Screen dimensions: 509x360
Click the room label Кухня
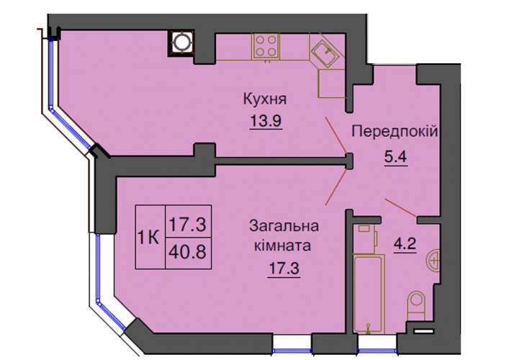(265, 99)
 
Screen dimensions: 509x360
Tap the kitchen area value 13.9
(266, 121)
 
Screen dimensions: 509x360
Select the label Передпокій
(395, 132)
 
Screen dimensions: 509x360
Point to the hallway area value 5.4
(395, 158)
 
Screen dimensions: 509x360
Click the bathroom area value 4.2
(405, 243)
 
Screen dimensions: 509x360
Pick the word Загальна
(284, 226)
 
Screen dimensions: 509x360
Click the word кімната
(282, 246)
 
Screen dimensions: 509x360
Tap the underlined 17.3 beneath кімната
(284, 269)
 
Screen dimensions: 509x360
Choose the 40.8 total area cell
(189, 252)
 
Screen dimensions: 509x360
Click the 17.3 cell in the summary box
(189, 224)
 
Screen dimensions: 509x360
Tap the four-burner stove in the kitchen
(266, 46)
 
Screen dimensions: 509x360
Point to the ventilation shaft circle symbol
(181, 43)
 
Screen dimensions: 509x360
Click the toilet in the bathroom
(416, 305)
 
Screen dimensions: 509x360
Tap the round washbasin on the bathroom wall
(433, 261)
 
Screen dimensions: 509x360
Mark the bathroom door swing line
(401, 208)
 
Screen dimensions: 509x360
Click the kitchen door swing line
(337, 135)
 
